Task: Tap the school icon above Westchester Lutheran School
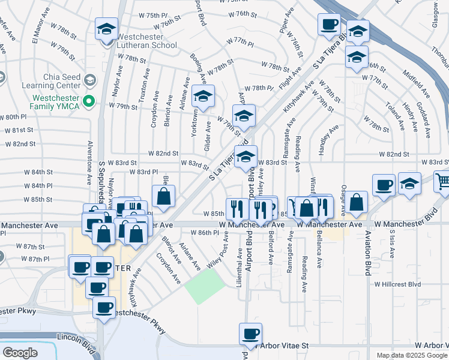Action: [x=106, y=29]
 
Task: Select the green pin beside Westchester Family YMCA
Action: [x=90, y=101]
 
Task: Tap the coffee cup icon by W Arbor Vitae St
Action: [x=250, y=333]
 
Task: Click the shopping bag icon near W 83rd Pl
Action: [x=163, y=196]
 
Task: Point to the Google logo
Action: [x=20, y=353]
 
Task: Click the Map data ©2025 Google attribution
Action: [x=412, y=355]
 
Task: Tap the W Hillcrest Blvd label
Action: [x=398, y=284]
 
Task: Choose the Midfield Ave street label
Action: [x=417, y=86]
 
